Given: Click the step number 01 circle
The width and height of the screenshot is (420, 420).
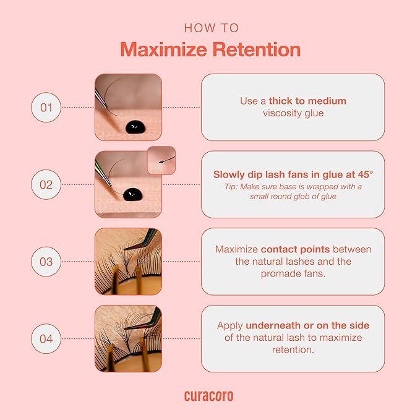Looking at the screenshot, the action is coord(46,108).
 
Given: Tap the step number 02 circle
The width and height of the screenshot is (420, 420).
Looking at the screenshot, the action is coord(46,184).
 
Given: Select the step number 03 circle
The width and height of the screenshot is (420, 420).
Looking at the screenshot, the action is coord(46,262).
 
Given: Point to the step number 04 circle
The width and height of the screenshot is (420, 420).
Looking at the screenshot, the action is coord(46,339).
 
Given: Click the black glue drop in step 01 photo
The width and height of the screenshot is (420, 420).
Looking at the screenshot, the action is coord(135,127).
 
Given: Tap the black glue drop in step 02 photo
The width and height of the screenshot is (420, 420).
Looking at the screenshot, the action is coord(132,194).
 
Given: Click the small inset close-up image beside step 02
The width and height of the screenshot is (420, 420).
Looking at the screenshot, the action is coord(161,160).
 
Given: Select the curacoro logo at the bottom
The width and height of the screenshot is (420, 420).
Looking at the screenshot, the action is coord(208,396).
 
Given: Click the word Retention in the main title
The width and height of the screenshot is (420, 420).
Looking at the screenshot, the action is coord(257,50).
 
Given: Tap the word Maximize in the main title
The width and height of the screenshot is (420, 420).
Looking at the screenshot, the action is coord(164,50).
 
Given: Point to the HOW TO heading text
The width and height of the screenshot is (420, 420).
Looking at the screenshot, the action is coord(212,28).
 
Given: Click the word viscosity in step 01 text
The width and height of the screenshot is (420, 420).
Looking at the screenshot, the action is coord(282,113).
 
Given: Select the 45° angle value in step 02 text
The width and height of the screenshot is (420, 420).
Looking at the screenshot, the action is coord(366,174).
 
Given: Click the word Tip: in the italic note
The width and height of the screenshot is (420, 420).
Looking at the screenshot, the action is coord(231,187).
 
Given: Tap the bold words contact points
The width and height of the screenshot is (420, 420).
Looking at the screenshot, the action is coord(295,250).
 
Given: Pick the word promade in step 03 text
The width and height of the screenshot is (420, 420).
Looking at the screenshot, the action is coord(278,274).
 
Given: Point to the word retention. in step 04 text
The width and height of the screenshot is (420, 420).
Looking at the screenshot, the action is coord(293,350).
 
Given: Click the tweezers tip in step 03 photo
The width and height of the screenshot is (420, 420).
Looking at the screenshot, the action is coord(125,250).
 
